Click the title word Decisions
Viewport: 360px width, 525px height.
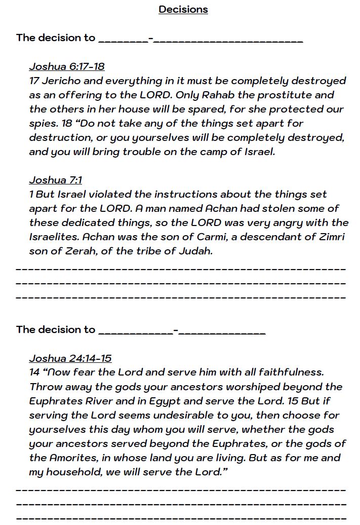(183, 9)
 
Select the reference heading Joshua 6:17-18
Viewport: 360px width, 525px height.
(67, 66)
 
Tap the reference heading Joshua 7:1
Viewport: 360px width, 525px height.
(55, 180)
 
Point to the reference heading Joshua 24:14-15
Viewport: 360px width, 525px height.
(70, 358)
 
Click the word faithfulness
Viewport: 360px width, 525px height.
(290, 372)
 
